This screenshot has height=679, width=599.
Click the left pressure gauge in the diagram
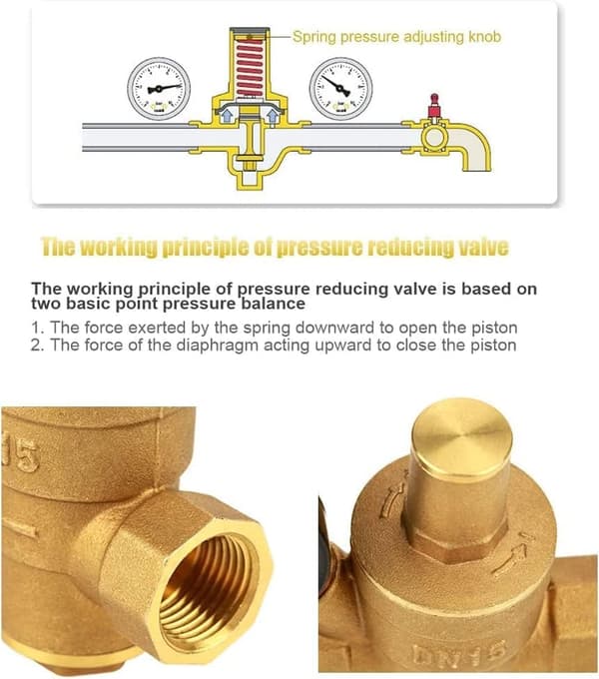tap(159, 88)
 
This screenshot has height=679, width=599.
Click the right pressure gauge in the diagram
tap(341, 88)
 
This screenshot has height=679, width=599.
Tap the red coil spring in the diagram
tap(250, 67)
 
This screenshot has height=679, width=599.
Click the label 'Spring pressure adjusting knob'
tap(396, 36)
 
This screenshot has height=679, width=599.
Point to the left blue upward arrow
tap(226, 116)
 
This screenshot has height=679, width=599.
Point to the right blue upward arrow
tap(273, 116)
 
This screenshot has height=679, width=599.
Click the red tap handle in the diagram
tap(433, 105)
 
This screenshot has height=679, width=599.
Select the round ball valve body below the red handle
tap(433, 137)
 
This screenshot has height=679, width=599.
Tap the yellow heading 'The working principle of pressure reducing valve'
tap(275, 248)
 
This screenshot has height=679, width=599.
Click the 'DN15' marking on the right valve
tap(459, 654)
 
